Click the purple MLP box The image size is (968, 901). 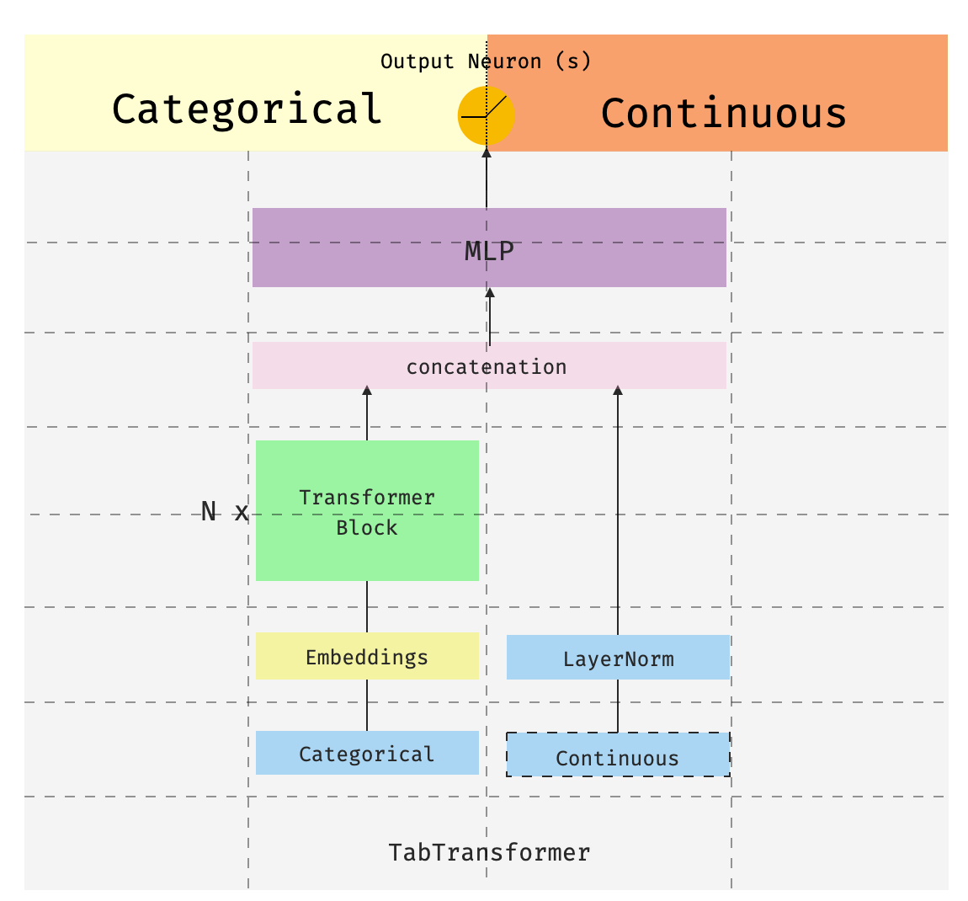[x=489, y=248]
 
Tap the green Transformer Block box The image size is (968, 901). [x=367, y=511]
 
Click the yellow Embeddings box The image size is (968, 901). [x=367, y=657]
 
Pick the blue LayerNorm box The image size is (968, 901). [x=618, y=658]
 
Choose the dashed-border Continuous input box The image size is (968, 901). [x=618, y=755]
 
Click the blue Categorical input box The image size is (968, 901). [x=367, y=753]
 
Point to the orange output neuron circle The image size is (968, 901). [x=486, y=115]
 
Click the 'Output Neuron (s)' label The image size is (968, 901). [x=486, y=61]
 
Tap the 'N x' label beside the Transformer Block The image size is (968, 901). [x=225, y=511]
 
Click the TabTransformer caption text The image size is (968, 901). [x=489, y=852]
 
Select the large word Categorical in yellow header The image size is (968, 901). [x=247, y=109]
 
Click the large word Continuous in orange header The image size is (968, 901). [x=723, y=114]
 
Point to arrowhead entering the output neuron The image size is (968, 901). [x=486, y=152]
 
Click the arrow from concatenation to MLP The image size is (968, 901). [x=490, y=316]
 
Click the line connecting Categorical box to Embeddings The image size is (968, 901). [x=367, y=705]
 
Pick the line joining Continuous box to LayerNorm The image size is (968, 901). [x=618, y=706]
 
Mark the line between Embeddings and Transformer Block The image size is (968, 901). [x=367, y=606]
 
